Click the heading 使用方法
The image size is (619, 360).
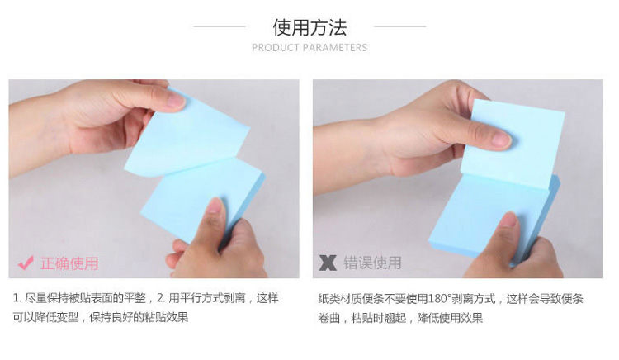309,27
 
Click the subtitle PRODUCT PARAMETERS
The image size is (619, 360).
309,48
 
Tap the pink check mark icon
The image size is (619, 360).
26,263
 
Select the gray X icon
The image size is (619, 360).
328,263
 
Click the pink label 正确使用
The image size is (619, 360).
69,263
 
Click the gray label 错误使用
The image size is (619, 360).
372,263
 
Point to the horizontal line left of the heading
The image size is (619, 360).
220,26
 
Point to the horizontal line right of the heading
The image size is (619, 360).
400,26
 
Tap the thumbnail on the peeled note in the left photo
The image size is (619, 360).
177,102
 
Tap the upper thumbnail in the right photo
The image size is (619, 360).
502,139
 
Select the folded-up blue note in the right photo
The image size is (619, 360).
513,144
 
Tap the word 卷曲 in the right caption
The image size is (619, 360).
329,318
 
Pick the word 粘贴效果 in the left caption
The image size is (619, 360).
166,317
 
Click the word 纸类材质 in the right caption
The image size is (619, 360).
340,299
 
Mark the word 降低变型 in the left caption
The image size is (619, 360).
56,317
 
